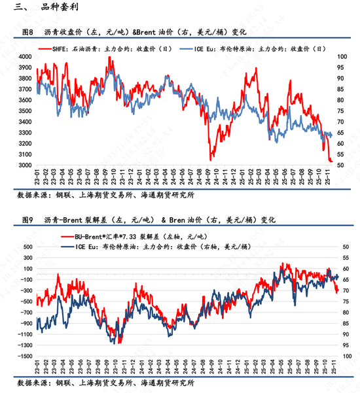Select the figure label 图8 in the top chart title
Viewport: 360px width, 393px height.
pos(27,31)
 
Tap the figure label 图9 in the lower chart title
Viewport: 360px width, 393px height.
pos(27,220)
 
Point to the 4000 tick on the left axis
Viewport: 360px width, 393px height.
pos(24,58)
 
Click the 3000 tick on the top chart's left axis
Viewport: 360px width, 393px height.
pos(24,165)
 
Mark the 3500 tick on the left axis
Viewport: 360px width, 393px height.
pos(24,111)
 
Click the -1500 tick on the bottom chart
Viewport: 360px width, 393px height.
pos(24,356)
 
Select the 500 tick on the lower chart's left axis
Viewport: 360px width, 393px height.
pos(26,247)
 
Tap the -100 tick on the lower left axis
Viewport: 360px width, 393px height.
pos(25,280)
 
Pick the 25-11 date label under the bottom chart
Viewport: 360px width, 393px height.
pos(334,368)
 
